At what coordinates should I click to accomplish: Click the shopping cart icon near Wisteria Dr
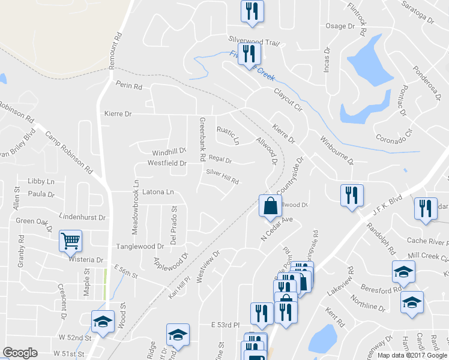[70, 241]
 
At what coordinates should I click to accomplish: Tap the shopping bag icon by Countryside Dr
[270, 205]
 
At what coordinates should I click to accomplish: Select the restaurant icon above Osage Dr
[252, 11]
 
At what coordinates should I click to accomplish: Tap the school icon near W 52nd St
[103, 322]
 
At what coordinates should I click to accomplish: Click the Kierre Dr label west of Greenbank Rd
[118, 113]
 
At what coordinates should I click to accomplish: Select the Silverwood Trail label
[254, 39]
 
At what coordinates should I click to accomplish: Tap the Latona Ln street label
[158, 193]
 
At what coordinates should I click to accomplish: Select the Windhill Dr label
[170, 152]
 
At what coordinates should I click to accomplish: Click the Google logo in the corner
[20, 353]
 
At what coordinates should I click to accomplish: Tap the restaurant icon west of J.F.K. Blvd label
[351, 196]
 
